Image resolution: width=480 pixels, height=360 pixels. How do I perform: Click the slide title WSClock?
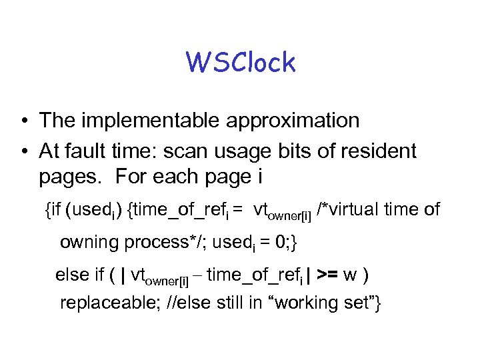(x=241, y=63)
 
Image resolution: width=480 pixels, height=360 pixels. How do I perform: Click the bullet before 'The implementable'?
(x=23, y=121)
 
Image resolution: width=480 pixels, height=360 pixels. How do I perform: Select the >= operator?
(x=331, y=275)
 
